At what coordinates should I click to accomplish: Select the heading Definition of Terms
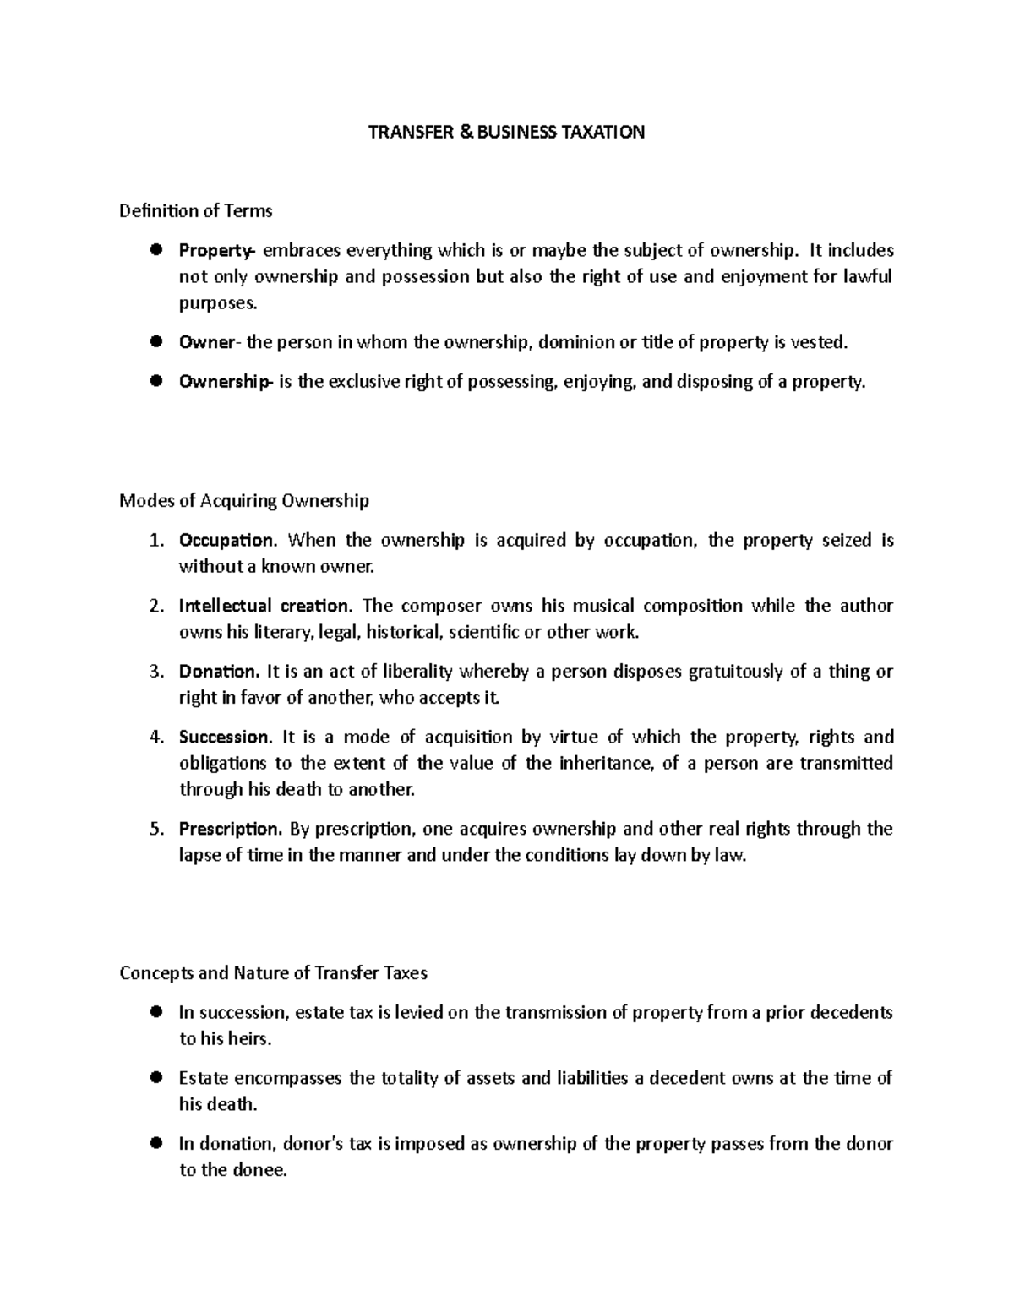[x=195, y=210]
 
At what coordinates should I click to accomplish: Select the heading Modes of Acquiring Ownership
[x=244, y=501]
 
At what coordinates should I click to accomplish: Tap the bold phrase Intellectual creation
[x=263, y=606]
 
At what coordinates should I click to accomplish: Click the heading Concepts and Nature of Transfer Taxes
[x=273, y=973]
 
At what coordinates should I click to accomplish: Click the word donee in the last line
[x=259, y=1171]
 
